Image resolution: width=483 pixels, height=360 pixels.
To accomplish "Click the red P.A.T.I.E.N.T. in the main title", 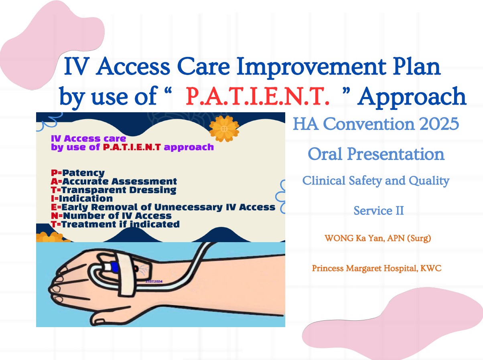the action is [258, 96].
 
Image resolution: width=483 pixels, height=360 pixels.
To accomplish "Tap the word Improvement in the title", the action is [311, 67].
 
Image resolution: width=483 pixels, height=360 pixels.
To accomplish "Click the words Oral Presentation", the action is [376, 154].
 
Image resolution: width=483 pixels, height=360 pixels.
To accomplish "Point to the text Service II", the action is [379, 210].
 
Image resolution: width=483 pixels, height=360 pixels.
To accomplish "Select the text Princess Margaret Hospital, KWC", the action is [377, 268].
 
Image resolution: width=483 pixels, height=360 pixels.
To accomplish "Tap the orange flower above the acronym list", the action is [224, 129].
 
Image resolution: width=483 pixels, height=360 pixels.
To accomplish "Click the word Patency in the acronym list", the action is [83, 173].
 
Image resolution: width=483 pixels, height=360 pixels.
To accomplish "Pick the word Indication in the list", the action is [86, 198].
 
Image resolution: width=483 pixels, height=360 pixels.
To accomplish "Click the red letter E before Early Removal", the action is [54, 207].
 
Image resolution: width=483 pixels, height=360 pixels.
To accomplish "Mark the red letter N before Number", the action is [55, 216].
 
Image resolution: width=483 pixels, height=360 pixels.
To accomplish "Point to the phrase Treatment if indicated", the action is [120, 224].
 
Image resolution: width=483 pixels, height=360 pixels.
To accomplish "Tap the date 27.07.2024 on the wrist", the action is [154, 281].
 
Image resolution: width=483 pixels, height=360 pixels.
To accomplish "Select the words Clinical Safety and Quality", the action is [376, 181].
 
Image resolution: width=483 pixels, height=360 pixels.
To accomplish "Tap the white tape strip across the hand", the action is [126, 275].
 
